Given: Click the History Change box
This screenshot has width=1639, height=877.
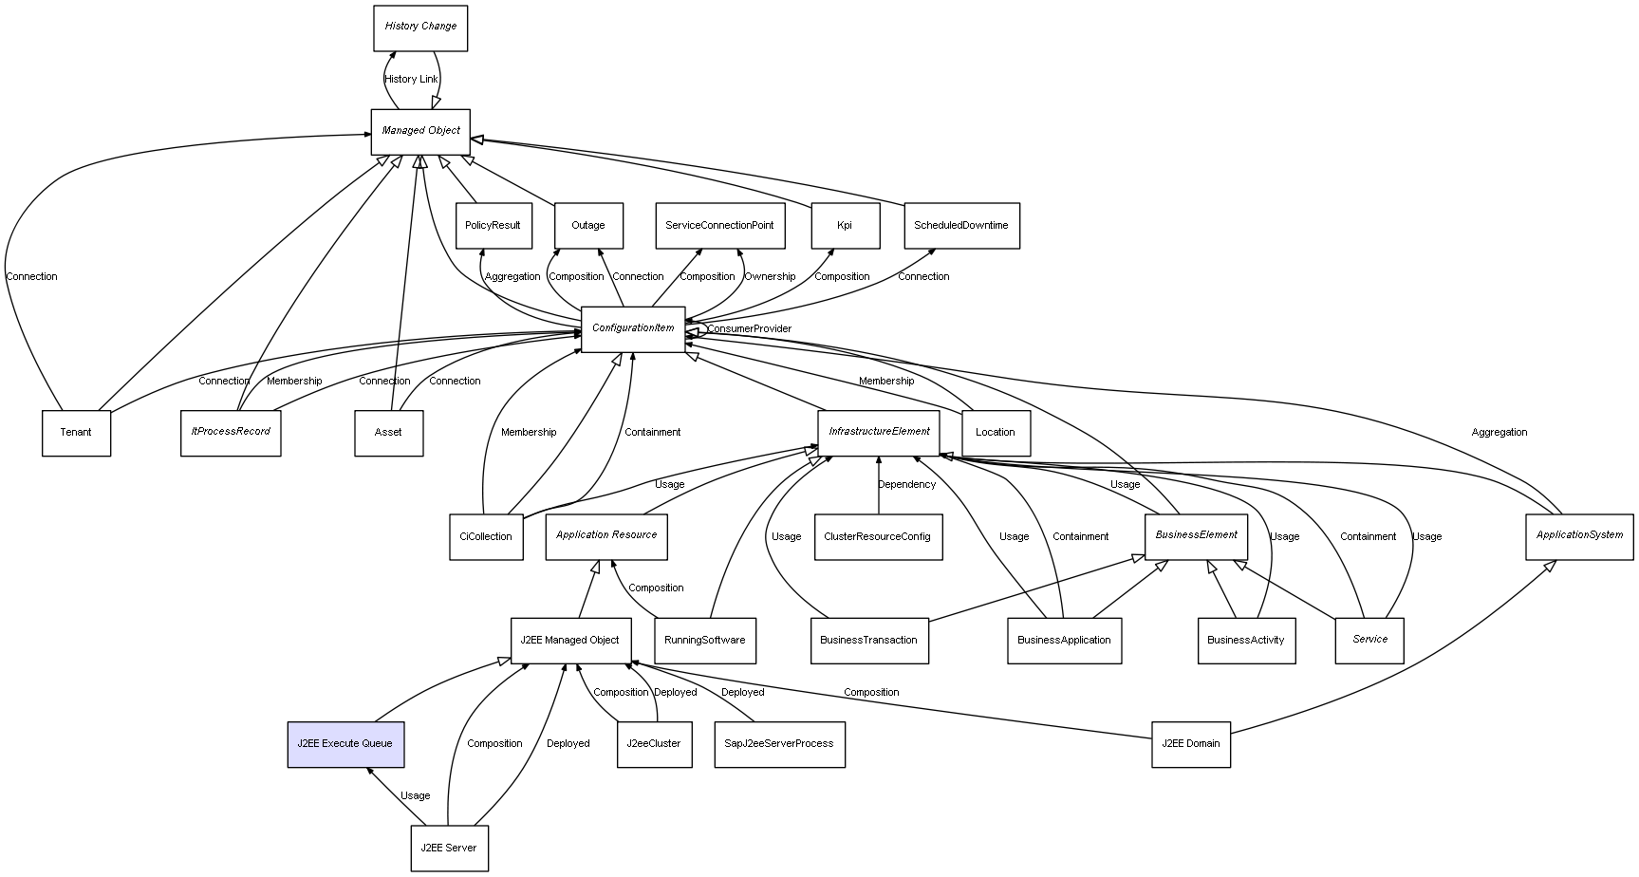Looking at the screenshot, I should [x=420, y=28].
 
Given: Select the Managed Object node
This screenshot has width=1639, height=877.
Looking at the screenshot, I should [x=420, y=131].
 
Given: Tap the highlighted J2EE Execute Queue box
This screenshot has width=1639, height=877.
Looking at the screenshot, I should [x=345, y=744].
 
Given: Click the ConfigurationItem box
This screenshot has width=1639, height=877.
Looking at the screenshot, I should [x=633, y=328].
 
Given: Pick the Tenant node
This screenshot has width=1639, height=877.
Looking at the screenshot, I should [x=76, y=433].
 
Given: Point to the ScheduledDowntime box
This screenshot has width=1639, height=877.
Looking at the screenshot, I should [x=960, y=226].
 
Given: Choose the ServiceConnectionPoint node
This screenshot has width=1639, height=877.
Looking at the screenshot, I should [x=719, y=226].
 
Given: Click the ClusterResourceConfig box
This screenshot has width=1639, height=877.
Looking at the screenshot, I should [x=878, y=537].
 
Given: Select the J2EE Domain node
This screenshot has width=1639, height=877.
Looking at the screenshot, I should [x=1190, y=744].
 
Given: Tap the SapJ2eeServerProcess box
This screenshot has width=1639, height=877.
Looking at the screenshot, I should [x=778, y=744].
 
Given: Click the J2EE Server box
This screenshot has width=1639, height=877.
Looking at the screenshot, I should [x=449, y=849].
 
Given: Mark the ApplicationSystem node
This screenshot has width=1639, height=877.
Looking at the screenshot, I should [x=1579, y=536].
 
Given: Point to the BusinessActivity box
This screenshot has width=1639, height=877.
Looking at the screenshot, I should [x=1245, y=641].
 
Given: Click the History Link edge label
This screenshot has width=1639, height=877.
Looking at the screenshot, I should [x=411, y=80].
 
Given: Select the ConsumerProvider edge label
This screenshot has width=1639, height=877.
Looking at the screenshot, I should [x=749, y=329].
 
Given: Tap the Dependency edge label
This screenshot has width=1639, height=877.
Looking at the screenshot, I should [x=906, y=485].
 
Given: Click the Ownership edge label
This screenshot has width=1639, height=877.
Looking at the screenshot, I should [x=770, y=277].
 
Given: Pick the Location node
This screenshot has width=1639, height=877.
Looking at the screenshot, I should [x=995, y=433].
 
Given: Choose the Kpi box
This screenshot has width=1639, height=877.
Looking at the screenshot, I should [x=845, y=226].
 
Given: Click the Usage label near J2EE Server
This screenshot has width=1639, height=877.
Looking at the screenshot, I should [x=416, y=796].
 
